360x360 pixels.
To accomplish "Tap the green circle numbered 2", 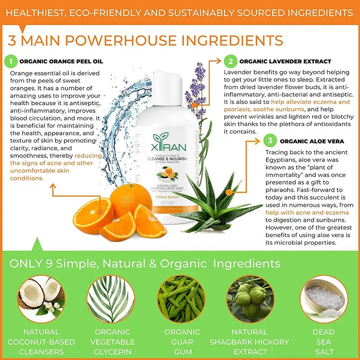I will [x=230, y=61].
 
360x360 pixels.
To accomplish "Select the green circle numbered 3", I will [x=270, y=141].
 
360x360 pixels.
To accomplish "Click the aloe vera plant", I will [x=216, y=198].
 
